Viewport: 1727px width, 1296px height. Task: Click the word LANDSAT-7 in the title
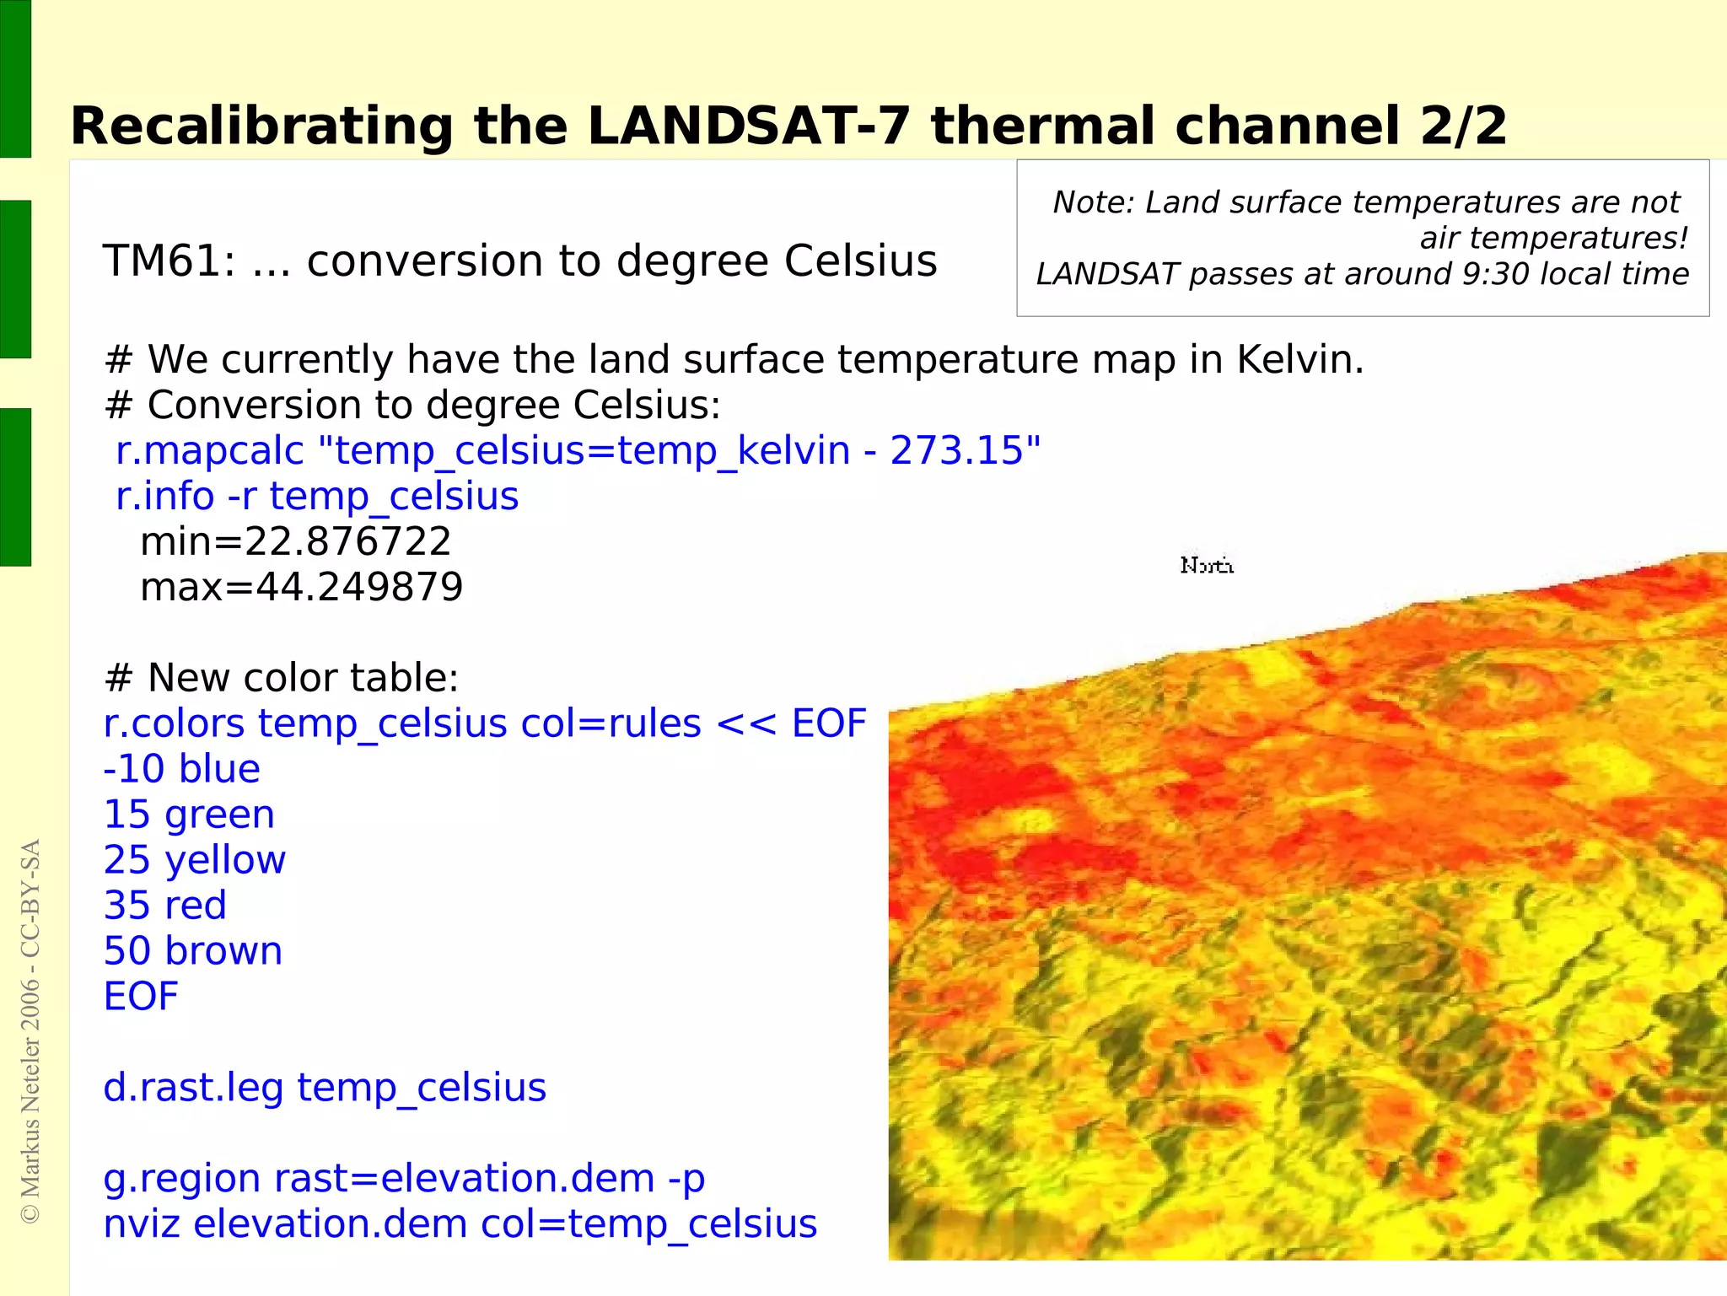tap(748, 126)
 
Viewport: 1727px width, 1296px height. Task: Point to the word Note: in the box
tap(1093, 202)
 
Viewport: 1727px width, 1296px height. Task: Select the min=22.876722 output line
tap(295, 541)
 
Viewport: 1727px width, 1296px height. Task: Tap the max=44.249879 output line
tap(301, 587)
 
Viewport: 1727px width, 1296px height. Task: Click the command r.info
tap(164, 496)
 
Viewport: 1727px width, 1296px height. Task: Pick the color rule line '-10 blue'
tap(181, 769)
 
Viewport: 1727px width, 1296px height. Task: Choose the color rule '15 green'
tap(189, 815)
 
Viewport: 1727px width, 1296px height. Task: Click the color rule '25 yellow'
tap(194, 860)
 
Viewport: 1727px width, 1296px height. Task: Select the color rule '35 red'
tap(164, 906)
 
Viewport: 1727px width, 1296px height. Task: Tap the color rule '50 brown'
tap(192, 951)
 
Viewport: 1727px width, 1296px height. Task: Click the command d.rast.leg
tap(193, 1088)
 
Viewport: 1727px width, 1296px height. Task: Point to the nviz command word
tap(141, 1224)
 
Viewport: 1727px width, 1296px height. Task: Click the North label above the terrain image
tap(1207, 565)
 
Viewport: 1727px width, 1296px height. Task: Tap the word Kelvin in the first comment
tap(1299, 360)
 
